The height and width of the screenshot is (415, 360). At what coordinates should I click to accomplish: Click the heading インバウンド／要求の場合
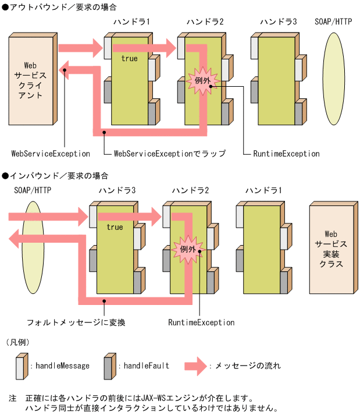(59, 175)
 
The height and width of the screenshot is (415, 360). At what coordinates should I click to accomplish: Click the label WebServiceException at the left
(51, 154)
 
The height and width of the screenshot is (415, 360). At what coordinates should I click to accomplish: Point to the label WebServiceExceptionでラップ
(169, 154)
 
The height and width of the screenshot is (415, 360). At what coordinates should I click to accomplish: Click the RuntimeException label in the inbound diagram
(201, 322)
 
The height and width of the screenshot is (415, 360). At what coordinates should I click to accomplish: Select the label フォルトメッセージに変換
(76, 322)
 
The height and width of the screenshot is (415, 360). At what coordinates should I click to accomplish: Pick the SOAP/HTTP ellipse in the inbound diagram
(33, 244)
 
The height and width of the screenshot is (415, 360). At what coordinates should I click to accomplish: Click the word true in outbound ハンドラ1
(129, 59)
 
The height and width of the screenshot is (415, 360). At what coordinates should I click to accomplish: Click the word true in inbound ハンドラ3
(115, 227)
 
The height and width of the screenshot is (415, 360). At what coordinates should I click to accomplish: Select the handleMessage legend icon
(21, 366)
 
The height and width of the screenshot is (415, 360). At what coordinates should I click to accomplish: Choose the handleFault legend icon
(109, 366)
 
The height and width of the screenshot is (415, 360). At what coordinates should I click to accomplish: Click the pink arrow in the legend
(195, 366)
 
